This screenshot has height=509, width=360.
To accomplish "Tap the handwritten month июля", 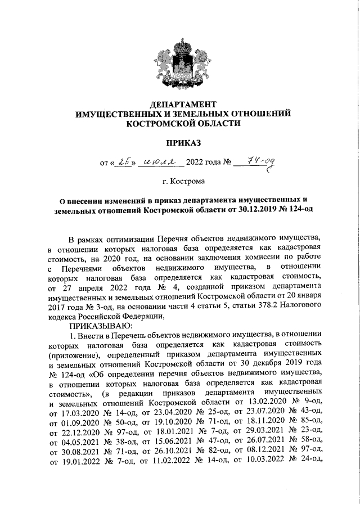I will click(161, 163).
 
